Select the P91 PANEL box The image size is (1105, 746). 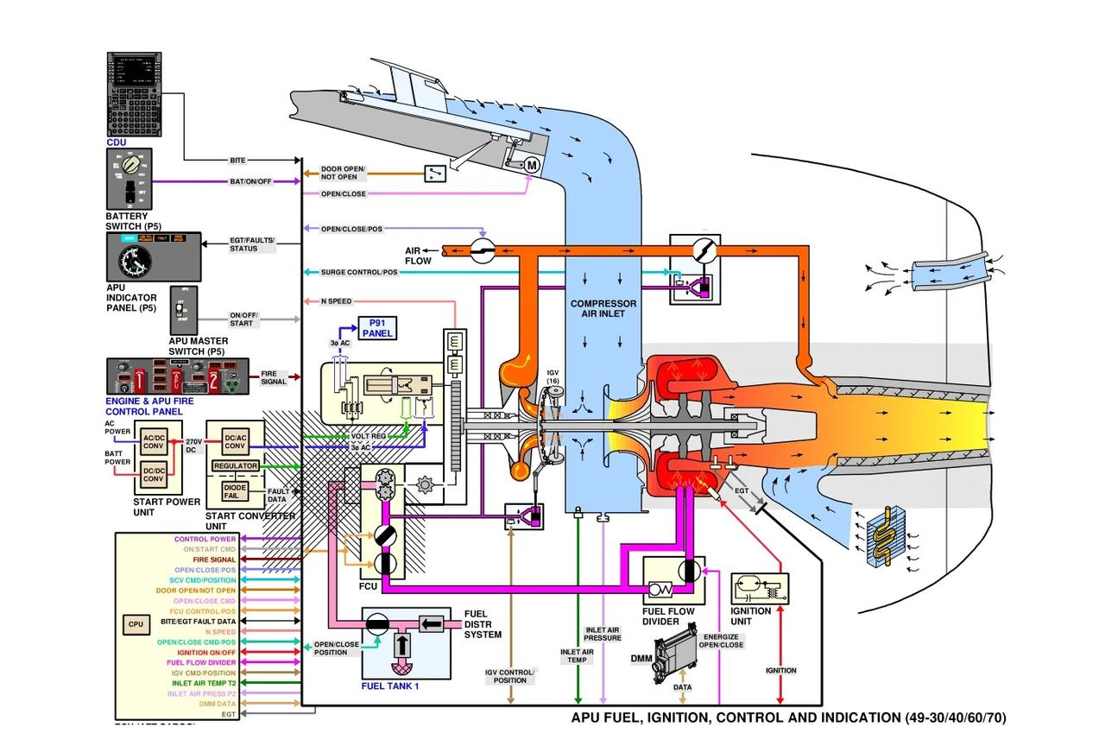point(377,328)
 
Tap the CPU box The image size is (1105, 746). point(136,624)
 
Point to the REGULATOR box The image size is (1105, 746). point(236,466)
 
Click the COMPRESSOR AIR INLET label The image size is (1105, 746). point(603,309)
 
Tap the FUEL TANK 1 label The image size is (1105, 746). point(390,686)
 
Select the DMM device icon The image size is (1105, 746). point(673,659)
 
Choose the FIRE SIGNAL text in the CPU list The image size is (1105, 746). point(215,559)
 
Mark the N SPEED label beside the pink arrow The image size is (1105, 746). point(336,301)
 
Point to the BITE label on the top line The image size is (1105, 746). point(238,161)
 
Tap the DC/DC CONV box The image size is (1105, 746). point(154,473)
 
